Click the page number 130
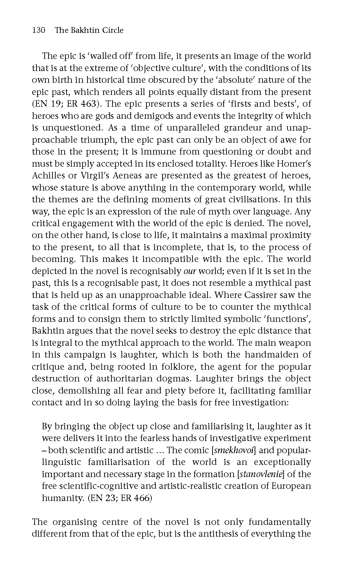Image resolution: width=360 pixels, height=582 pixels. click(39, 30)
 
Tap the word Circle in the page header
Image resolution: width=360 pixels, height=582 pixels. click(112, 30)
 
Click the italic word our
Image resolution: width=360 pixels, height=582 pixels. click(190, 271)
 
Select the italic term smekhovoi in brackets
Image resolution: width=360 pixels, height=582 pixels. click(233, 450)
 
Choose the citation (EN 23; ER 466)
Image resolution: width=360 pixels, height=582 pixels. click(120, 498)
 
